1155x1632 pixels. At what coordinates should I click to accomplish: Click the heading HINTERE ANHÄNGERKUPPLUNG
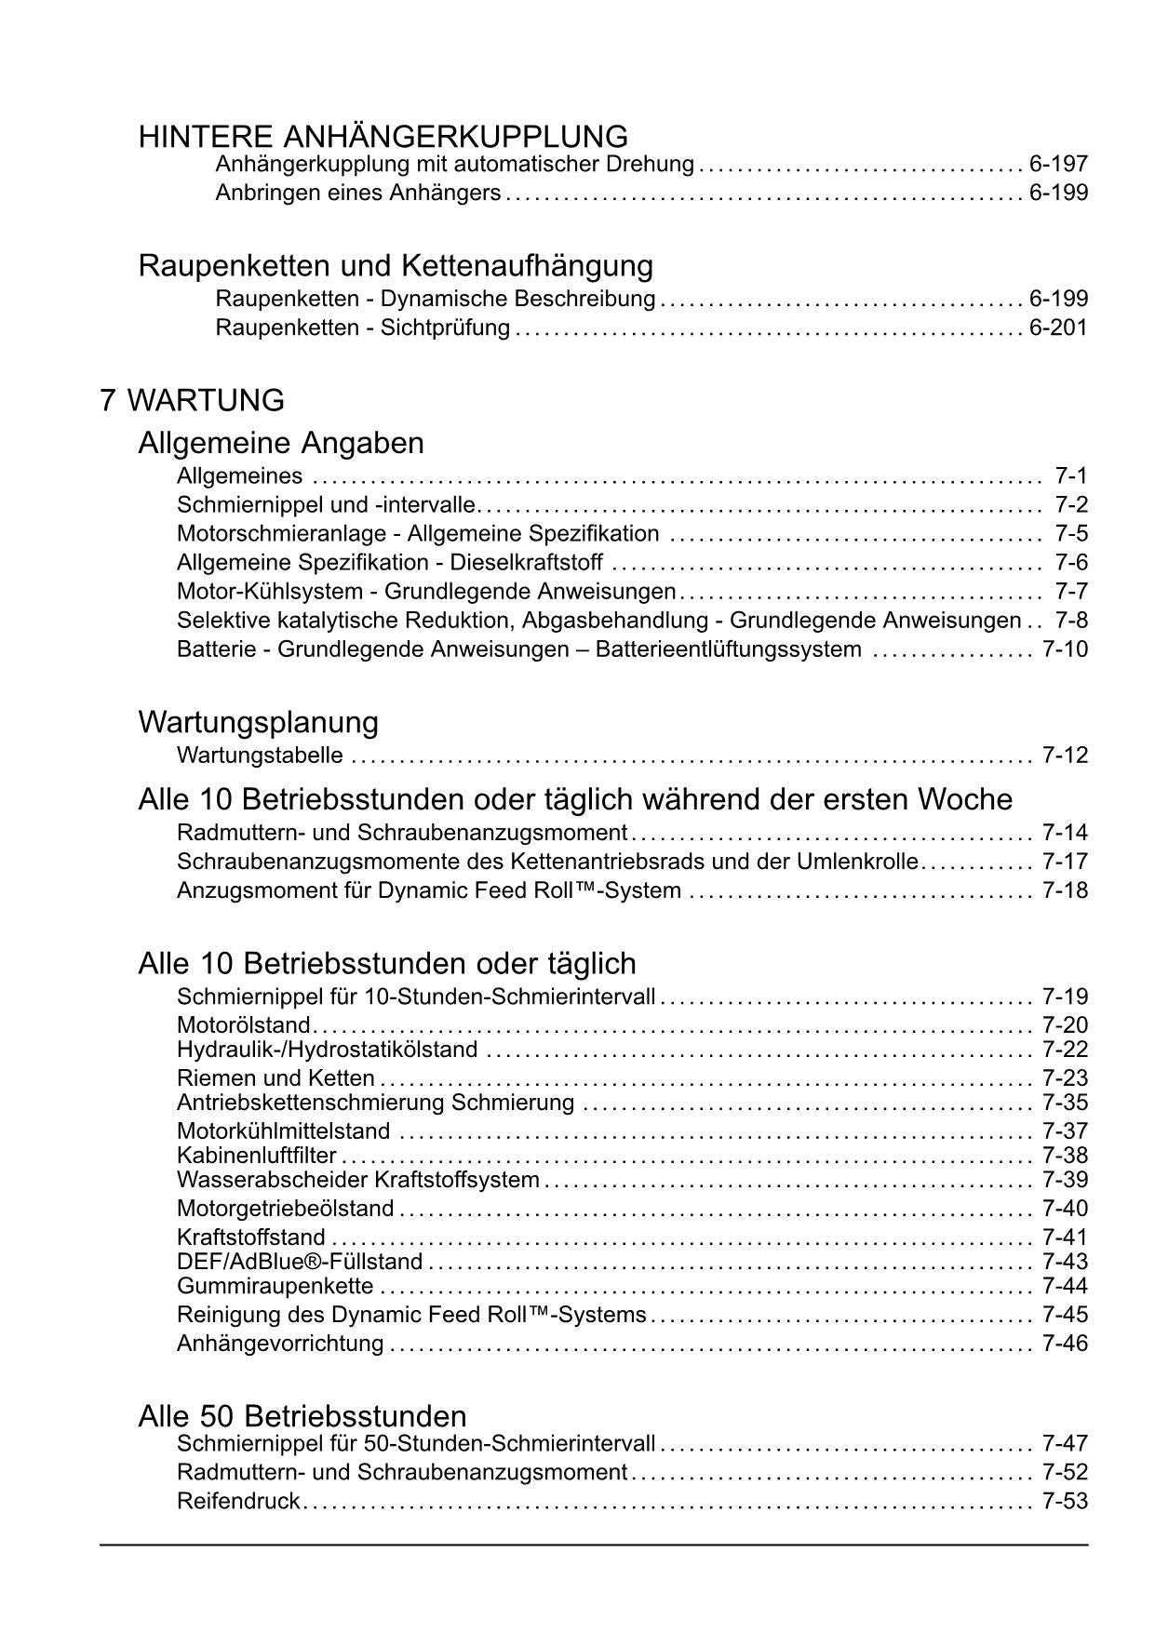point(383,137)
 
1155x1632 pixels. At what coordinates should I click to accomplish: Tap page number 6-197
point(1058,165)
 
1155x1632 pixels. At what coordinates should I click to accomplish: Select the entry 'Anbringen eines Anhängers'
point(358,194)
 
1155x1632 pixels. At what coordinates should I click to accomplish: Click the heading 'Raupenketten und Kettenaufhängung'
point(396,266)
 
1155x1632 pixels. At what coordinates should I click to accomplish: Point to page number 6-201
point(1058,328)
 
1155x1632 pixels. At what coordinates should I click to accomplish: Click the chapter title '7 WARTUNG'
point(192,401)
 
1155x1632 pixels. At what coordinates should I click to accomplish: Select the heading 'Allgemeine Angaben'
point(281,443)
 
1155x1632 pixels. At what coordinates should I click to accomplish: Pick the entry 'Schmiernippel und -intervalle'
point(326,505)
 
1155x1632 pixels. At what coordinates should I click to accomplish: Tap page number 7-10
point(1065,649)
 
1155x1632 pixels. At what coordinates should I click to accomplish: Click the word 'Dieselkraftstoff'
point(527,563)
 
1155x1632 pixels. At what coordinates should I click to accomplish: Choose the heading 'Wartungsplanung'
point(258,722)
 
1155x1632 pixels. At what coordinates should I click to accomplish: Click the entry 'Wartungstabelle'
point(260,756)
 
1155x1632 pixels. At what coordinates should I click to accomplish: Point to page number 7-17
point(1065,862)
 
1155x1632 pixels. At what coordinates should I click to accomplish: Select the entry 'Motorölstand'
point(243,1025)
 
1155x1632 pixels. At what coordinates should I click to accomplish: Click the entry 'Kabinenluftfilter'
point(256,1156)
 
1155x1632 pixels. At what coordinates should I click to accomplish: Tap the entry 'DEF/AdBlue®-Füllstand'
point(300,1262)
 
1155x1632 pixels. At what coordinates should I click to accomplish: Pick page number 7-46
point(1065,1344)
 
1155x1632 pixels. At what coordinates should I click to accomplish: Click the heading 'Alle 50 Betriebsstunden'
point(302,1416)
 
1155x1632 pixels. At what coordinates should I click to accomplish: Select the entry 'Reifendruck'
point(238,1501)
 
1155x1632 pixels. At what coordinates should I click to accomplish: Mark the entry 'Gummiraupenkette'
point(275,1286)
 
